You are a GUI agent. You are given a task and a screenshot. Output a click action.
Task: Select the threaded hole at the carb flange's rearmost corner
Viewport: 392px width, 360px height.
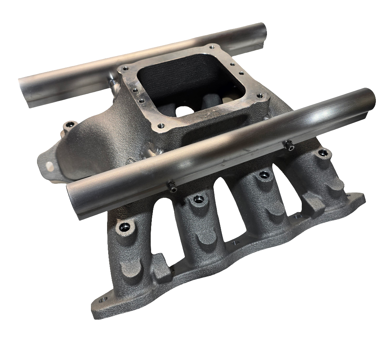pos(210,47)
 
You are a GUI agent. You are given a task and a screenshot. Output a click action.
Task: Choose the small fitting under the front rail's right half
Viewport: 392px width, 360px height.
pos(290,146)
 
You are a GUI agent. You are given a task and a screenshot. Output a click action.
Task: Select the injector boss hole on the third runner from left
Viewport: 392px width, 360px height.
pos(263,175)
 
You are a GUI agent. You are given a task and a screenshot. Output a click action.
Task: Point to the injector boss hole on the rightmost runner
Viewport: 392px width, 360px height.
pos(323,152)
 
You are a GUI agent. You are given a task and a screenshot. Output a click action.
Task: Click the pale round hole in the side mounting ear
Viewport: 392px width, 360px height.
pos(50,167)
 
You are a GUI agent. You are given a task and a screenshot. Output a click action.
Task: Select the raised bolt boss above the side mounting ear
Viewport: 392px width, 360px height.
pos(69,127)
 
